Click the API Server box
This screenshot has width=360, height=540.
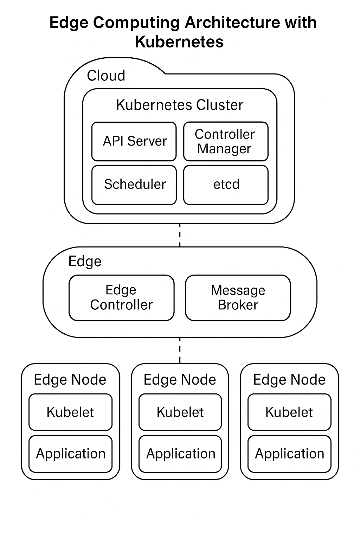coord(134,141)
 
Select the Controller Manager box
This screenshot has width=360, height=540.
coord(226,141)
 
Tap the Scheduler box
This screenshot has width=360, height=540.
coord(134,185)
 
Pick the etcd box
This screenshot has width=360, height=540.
coord(226,185)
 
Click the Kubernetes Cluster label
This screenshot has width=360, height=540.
coord(180,105)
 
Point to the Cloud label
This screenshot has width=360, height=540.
coord(106,76)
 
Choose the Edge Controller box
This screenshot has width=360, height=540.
coord(121,297)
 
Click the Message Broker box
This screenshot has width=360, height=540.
coord(238,297)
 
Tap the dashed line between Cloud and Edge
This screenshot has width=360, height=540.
coord(180,235)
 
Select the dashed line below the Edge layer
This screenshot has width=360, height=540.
coord(180,350)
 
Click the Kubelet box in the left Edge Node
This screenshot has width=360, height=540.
coord(70,412)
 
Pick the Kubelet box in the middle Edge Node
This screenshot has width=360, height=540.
coord(180,412)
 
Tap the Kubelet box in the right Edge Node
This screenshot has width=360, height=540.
coord(289,412)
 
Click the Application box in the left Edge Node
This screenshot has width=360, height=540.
coord(70,454)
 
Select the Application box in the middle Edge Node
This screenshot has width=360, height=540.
coord(180,454)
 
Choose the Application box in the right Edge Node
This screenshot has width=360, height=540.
coord(289,454)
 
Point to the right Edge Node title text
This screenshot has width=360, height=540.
coord(289,380)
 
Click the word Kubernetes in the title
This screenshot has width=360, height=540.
coord(179,42)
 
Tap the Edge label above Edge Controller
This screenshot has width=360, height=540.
coord(85,261)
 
